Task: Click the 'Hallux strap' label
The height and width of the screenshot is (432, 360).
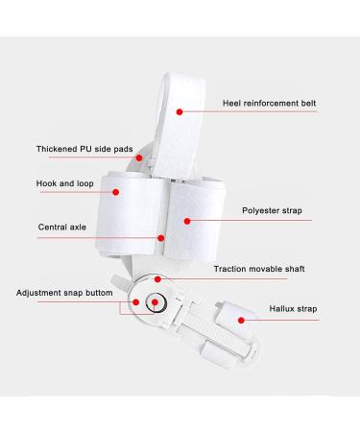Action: [x=292, y=308]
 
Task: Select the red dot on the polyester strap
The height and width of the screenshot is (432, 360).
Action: [x=187, y=220]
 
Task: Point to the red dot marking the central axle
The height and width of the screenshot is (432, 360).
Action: [x=161, y=237]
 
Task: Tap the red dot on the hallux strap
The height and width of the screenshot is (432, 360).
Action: [x=233, y=308]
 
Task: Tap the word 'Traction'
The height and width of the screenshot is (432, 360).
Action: [x=231, y=269]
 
